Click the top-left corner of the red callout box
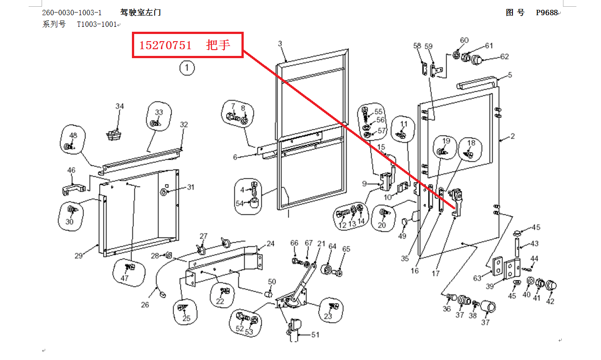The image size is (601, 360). pyautogui.click(x=132, y=33)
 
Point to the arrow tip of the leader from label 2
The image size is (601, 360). pyautogui.click(x=500, y=140)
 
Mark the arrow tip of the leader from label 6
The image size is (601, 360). pyautogui.click(x=257, y=155)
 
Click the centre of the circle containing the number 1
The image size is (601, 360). pyautogui.click(x=187, y=68)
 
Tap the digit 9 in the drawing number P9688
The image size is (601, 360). pyautogui.click(x=543, y=13)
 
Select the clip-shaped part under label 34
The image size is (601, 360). pyautogui.click(x=114, y=135)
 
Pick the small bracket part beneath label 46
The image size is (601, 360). pyautogui.click(x=74, y=189)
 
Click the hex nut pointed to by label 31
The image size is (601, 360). pyautogui.click(x=163, y=192)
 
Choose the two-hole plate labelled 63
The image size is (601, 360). pyautogui.click(x=498, y=266)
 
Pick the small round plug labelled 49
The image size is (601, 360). pyautogui.click(x=404, y=221)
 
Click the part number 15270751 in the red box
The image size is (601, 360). pyautogui.click(x=165, y=45)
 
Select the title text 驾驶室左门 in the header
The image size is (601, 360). pyautogui.click(x=140, y=13)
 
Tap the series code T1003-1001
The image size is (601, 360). pyautogui.click(x=97, y=25)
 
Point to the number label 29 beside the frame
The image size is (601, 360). pyautogui.click(x=79, y=256)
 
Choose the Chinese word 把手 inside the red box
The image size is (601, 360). pyautogui.click(x=218, y=45)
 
